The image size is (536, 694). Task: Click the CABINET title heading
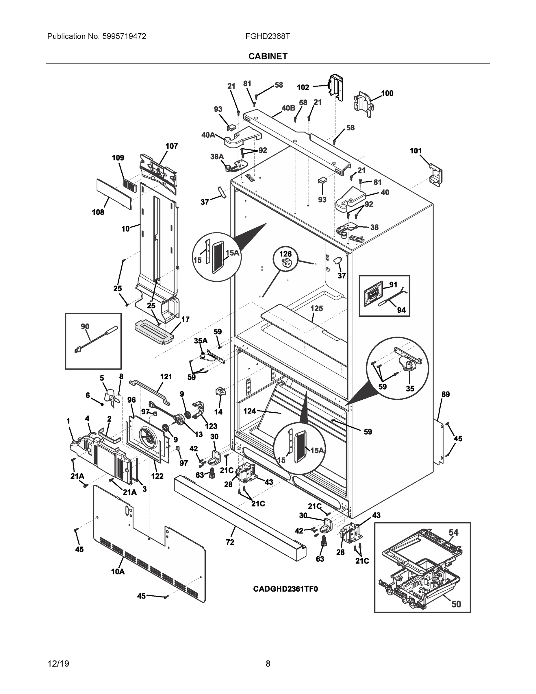coord(268,56)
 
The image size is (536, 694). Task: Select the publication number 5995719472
coord(124,36)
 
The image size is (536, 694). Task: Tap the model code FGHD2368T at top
coord(267,36)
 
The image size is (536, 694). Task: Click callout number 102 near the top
coord(303,87)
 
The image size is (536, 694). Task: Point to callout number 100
coord(387,93)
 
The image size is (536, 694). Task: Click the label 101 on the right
coord(416,151)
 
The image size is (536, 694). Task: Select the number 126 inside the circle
coord(285,254)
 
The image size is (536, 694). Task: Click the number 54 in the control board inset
coord(453,532)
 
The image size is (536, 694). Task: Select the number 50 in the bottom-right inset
coord(456,604)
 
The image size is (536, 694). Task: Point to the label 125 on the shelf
coord(317,308)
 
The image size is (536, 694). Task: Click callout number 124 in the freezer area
coord(250,411)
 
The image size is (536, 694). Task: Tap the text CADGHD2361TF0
coord(285,589)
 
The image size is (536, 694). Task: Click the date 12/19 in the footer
coord(58,664)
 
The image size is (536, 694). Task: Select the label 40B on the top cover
coord(288,108)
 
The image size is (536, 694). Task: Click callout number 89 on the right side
coord(446,394)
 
